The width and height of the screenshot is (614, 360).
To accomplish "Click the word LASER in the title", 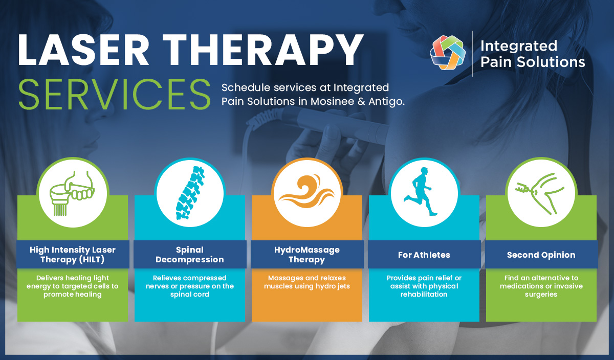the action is (x=83, y=50).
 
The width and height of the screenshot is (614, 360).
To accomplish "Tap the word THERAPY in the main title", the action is (x=262, y=50).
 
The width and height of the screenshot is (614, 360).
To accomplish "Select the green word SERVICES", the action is (x=114, y=94).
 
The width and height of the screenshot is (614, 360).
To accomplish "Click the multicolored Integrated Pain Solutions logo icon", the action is (x=447, y=52).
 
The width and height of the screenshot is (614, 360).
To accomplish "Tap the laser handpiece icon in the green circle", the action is (x=72, y=193).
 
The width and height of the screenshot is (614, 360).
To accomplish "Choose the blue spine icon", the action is (x=190, y=193).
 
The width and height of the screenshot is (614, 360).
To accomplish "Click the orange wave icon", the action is (x=306, y=192).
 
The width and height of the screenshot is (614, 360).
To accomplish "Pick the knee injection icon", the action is (x=540, y=193).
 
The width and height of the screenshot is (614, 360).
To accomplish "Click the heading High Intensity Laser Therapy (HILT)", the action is (x=73, y=255).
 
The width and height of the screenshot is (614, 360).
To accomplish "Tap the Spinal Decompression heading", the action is (x=190, y=255).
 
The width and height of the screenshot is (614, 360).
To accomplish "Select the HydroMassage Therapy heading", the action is (x=307, y=255).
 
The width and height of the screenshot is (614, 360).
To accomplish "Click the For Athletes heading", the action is (x=424, y=255).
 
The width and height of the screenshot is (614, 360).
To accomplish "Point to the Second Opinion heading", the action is (x=541, y=255).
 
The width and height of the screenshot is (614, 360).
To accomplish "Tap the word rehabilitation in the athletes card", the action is (x=424, y=294).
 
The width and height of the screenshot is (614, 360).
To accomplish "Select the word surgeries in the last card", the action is (x=541, y=295).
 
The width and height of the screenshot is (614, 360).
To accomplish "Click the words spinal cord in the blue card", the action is (x=190, y=295).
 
